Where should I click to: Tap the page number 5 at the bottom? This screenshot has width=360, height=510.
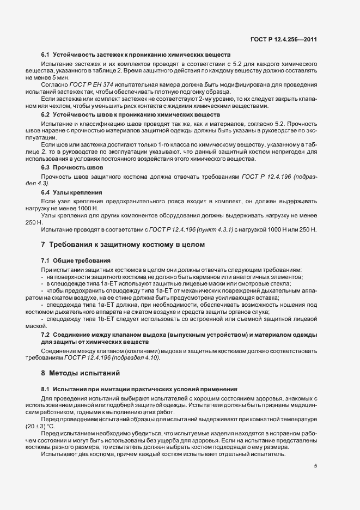click(x=315, y=465)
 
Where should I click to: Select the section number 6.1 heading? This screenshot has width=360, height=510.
click(x=46, y=56)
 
